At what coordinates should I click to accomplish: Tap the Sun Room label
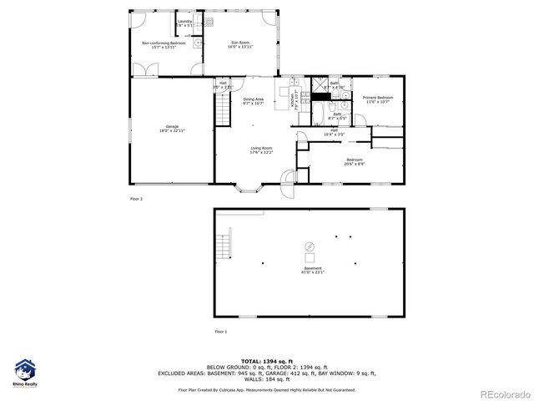pyautogui.click(x=239, y=44)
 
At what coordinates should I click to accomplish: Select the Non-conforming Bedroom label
pyautogui.click(x=163, y=44)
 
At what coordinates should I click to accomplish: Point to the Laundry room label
pyautogui.click(x=184, y=23)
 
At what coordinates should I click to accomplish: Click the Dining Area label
pyautogui.click(x=254, y=101)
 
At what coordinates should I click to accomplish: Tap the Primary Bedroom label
pyautogui.click(x=377, y=99)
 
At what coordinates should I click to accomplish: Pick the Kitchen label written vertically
pyautogui.click(x=294, y=99)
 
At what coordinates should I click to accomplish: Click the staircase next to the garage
pyautogui.click(x=222, y=109)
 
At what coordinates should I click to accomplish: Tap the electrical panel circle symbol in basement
pyautogui.click(x=310, y=246)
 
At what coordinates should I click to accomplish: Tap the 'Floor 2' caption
pyautogui.click(x=136, y=199)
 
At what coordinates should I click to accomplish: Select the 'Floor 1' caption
pyautogui.click(x=220, y=332)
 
